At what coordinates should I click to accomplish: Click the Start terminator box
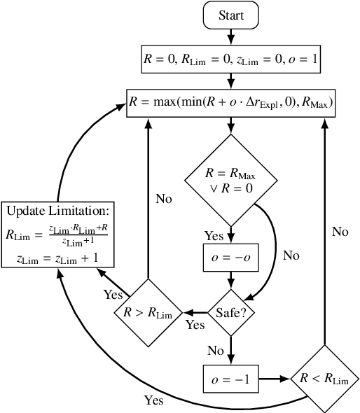(230, 16)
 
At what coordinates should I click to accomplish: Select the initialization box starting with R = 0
(230, 59)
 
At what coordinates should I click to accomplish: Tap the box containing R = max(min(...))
(230, 104)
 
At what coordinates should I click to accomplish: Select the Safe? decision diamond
(230, 310)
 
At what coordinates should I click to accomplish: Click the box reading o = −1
(230, 379)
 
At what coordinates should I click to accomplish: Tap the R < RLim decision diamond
(324, 379)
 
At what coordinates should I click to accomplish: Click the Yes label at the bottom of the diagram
(153, 401)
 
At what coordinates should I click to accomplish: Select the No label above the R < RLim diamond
(340, 232)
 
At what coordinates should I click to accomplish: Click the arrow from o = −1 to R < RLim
(274, 379)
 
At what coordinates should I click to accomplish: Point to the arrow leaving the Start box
(230, 37)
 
